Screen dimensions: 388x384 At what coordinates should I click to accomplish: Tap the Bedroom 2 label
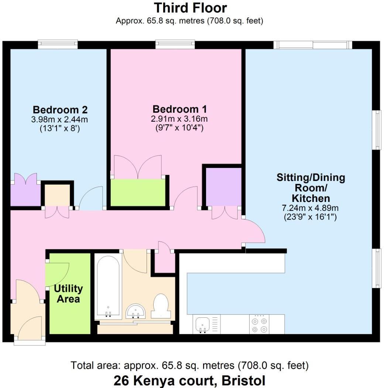[60, 110]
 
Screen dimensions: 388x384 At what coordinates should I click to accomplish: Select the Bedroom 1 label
[179, 109]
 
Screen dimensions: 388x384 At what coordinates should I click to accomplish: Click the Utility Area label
[68, 293]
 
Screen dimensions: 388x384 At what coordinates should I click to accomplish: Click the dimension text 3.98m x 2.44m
[60, 119]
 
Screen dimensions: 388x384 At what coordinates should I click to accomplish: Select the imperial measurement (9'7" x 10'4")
[179, 128]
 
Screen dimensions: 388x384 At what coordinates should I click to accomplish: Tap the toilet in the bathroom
[161, 306]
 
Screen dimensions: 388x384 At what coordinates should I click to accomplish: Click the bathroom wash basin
[136, 311]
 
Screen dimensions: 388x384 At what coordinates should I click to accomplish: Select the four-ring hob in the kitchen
[259, 324]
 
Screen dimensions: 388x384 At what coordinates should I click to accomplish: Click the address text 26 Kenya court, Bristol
[189, 381]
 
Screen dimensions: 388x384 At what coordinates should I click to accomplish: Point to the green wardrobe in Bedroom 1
[138, 192]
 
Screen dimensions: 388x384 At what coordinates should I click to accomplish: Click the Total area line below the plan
[189, 366]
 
